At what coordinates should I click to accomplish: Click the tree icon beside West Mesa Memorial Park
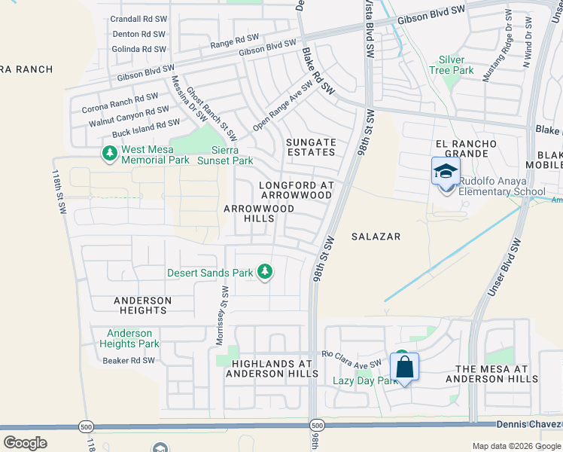click(x=110, y=154)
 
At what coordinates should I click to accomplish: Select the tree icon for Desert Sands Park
click(x=264, y=272)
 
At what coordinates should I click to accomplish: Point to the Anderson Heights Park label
click(x=129, y=338)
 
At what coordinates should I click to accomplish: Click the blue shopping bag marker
click(x=404, y=368)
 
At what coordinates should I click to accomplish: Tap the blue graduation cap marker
click(x=446, y=171)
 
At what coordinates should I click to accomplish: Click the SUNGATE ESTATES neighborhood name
click(x=311, y=147)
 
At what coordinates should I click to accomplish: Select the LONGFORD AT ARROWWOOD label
click(x=295, y=190)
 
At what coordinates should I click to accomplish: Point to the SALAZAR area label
click(x=376, y=237)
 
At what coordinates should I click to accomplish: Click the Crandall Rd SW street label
click(x=138, y=19)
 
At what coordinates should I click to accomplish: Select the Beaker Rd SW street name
click(x=128, y=361)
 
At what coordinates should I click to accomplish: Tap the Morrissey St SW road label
click(x=221, y=316)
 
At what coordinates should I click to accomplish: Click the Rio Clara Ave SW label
click(x=351, y=359)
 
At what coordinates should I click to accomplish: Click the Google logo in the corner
click(x=25, y=442)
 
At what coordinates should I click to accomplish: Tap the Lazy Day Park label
click(x=364, y=380)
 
